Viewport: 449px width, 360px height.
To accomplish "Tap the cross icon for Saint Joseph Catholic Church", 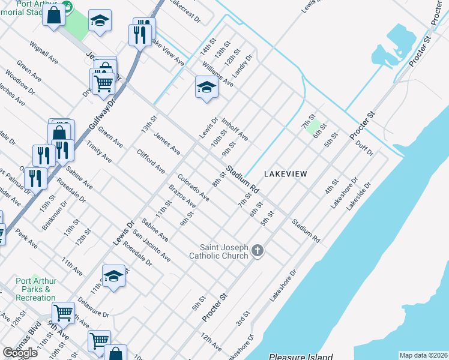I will (258, 251).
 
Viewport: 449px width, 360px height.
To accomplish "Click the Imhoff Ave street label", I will (235, 128).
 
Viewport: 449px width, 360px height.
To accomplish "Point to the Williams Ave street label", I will (218, 74).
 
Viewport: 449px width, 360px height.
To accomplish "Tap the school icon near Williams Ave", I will (206, 87).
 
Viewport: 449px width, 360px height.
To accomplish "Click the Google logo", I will (20, 353).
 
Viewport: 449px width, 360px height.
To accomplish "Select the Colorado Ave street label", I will (193, 187).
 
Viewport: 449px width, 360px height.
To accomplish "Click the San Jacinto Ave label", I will (152, 246).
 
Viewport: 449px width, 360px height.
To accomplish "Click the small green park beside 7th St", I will (312, 126).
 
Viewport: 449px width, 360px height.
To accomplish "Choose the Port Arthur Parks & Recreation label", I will (36, 289).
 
